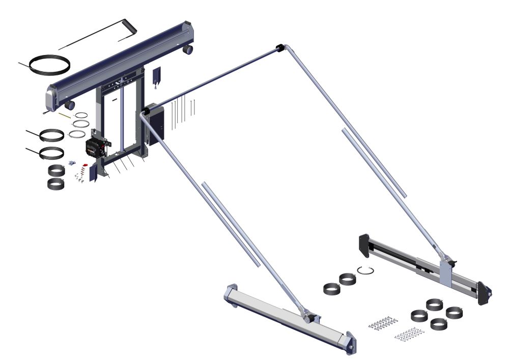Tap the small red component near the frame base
point(85,165)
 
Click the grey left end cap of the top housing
point(52,95)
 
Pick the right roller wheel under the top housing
point(188,49)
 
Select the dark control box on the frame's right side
point(155,124)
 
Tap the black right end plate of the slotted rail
point(484,294)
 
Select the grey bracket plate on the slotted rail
point(444,270)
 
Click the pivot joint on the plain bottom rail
point(309,317)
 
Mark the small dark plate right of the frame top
point(157,74)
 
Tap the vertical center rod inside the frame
point(122,122)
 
